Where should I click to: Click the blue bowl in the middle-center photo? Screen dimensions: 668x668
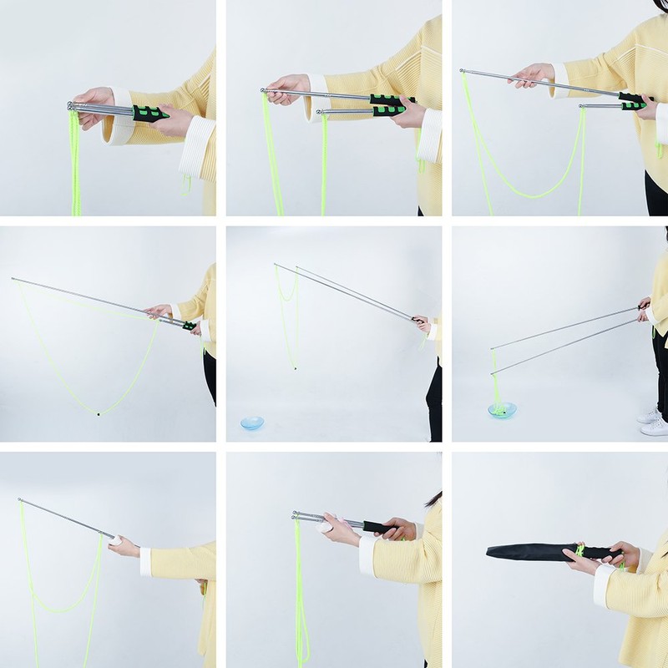[251, 423]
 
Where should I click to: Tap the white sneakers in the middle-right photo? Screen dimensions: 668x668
[654, 421]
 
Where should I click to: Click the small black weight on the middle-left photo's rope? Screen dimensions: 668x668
[98, 413]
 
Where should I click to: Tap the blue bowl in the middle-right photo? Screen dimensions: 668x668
[503, 410]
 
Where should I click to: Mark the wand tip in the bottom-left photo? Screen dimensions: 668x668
[19, 500]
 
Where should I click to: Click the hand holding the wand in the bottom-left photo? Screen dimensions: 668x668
[122, 546]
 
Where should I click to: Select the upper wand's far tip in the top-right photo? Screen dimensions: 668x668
[463, 72]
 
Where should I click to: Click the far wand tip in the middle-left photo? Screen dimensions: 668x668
[13, 280]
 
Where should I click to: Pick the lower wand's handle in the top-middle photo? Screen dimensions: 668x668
[388, 110]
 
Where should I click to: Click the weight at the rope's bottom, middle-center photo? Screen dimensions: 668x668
[293, 365]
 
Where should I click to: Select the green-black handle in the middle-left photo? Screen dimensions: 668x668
[189, 325]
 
